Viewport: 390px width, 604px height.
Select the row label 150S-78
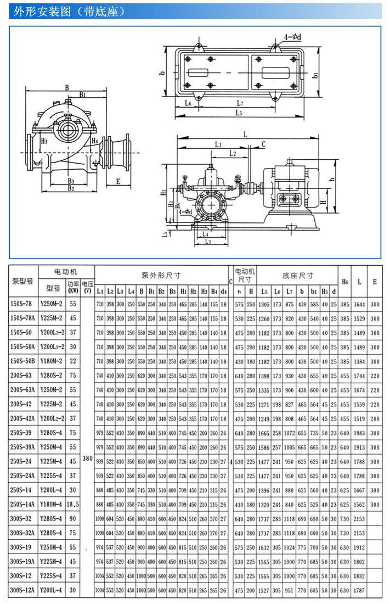(x=22, y=304)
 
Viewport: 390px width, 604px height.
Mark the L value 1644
(x=359, y=304)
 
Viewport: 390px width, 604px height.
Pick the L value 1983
(x=359, y=433)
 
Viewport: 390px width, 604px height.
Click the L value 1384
(x=359, y=361)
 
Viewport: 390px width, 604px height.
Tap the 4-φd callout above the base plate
(x=292, y=37)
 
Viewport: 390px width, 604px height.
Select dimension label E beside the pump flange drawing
(x=117, y=180)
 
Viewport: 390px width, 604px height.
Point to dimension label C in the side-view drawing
(x=263, y=144)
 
